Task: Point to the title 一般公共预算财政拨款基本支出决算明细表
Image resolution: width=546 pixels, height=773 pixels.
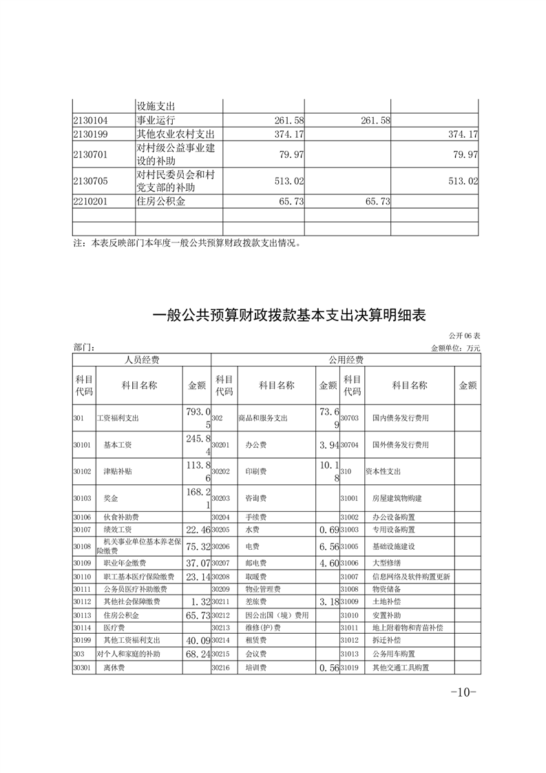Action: [x=289, y=316]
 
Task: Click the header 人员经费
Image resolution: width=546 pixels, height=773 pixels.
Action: [x=142, y=360]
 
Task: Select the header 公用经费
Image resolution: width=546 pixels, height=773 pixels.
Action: [x=346, y=360]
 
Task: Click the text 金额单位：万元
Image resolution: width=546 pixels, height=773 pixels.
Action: [x=455, y=349]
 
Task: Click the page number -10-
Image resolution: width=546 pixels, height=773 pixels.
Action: [x=463, y=693]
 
